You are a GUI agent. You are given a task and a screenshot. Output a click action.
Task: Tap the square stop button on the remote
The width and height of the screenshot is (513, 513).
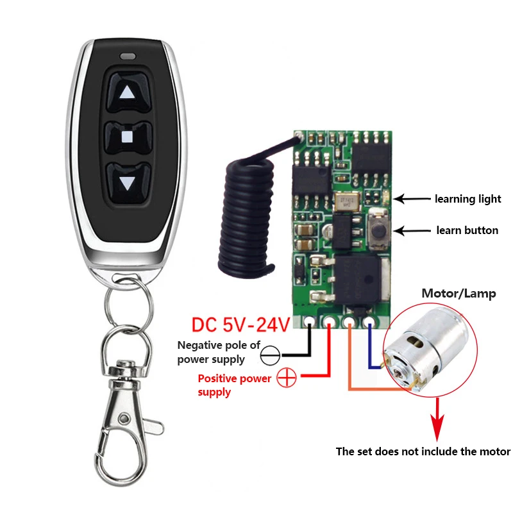pyautogui.click(x=127, y=137)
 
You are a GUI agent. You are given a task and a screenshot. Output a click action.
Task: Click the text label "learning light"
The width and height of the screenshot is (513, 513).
pyautogui.click(x=468, y=199)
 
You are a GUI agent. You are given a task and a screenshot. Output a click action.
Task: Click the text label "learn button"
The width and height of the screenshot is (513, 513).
pyautogui.click(x=467, y=230)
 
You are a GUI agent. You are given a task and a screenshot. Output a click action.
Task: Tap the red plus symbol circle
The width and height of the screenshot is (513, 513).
pyautogui.click(x=287, y=380)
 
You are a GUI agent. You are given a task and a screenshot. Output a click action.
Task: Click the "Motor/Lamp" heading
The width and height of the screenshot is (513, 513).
pyautogui.click(x=458, y=294)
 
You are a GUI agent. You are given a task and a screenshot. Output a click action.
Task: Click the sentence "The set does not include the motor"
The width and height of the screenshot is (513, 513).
pyautogui.click(x=423, y=451)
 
